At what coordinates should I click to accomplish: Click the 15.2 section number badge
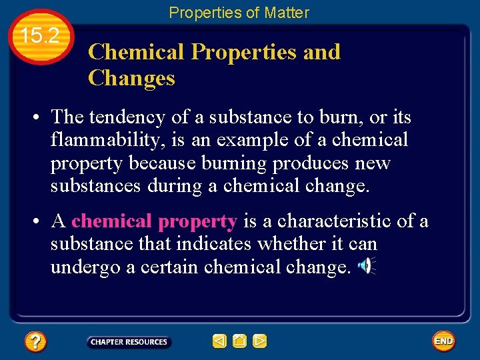41,37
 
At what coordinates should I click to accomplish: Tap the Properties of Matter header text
239,13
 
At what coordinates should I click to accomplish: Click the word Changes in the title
131,79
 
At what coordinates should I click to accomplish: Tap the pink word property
198,221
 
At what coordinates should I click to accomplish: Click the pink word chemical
112,221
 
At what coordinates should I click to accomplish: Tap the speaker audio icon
366,267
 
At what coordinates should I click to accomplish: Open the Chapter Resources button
129,342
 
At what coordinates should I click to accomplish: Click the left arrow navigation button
219,342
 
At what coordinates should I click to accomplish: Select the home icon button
240,342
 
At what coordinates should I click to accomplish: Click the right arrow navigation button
260,342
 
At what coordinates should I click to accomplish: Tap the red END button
443,341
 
